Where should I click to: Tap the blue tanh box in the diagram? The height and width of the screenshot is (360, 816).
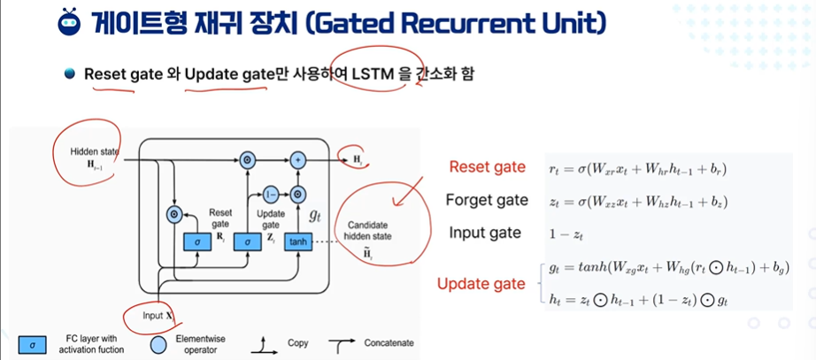[x=298, y=241]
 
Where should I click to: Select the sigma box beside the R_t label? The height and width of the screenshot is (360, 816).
[x=195, y=241]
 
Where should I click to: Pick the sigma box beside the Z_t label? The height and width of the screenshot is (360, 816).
[x=249, y=241]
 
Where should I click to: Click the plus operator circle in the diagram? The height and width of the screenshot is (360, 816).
[x=299, y=160]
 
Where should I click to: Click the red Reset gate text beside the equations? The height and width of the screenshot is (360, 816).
[x=483, y=167]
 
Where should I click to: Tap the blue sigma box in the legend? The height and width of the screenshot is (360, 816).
[x=33, y=343]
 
